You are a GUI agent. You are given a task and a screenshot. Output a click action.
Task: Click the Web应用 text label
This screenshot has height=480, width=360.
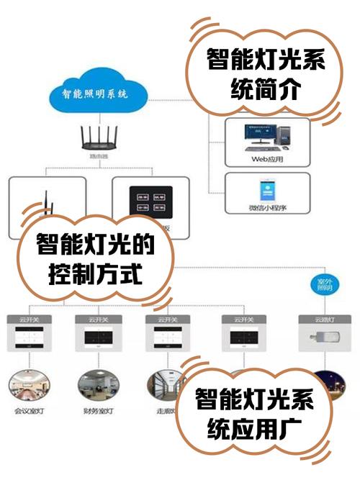tap(267, 160)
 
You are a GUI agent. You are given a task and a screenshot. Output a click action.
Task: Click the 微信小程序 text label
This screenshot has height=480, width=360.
tap(267, 207)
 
